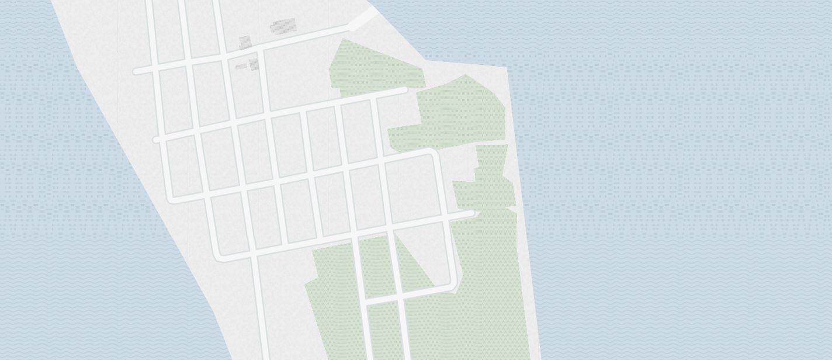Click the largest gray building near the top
click(x=283, y=26)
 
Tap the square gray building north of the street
click(x=245, y=42)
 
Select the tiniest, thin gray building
click(x=241, y=67)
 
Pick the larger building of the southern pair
click(x=254, y=64)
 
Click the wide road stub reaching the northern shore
click(x=363, y=19)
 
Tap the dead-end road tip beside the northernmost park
click(x=404, y=91)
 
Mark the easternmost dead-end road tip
click(x=472, y=214)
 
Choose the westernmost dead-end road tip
click(x=136, y=71)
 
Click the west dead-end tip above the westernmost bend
click(x=156, y=140)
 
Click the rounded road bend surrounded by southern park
click(x=453, y=286)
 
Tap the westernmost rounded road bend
click(x=172, y=199)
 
